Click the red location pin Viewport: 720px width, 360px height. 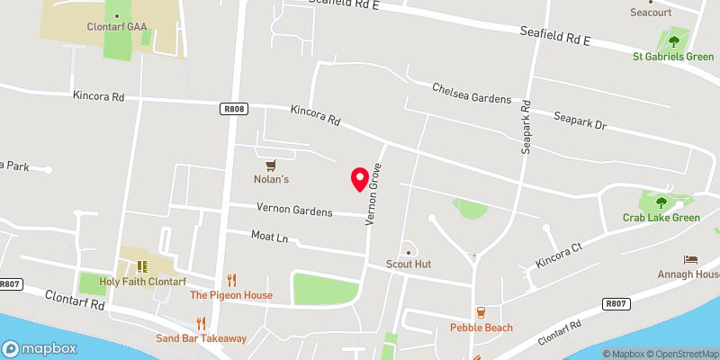(360, 178)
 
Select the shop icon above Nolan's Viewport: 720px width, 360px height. (270, 165)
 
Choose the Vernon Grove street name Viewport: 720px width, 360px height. (373, 193)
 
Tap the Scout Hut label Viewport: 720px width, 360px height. (409, 265)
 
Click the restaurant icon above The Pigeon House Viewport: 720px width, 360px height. (231, 280)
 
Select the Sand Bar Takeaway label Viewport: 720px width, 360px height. (201, 338)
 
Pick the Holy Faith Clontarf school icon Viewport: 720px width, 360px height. (141, 266)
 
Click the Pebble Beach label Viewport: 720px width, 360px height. (481, 328)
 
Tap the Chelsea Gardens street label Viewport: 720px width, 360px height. (471, 93)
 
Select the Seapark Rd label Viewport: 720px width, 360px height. (526, 127)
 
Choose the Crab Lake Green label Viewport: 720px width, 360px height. (661, 218)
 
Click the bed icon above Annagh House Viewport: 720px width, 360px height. (690, 259)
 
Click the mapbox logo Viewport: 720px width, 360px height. (40, 348)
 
